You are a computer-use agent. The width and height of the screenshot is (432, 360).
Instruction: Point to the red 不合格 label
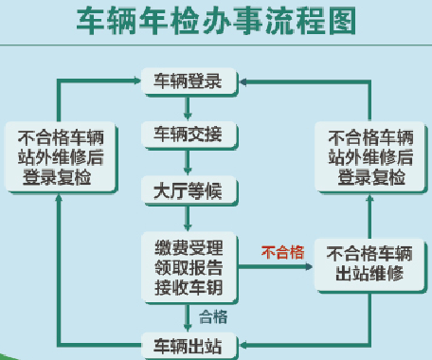(282, 251)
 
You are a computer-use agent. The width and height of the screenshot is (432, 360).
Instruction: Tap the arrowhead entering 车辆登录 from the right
(243, 82)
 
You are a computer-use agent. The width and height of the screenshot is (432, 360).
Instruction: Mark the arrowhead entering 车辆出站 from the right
(243, 342)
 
